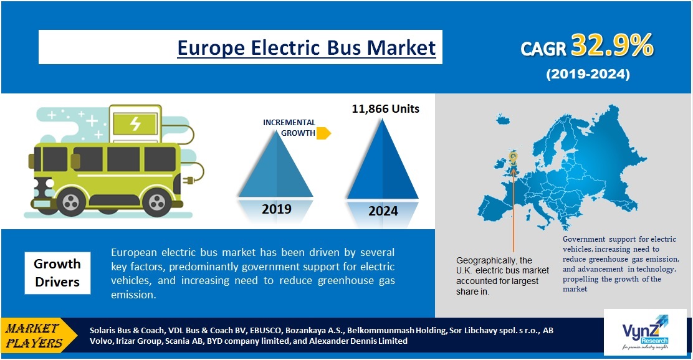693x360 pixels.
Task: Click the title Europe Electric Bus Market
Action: (x=306, y=47)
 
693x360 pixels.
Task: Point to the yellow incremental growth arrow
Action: (x=323, y=133)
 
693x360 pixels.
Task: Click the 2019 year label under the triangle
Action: (x=276, y=209)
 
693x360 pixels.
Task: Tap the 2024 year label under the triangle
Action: (x=383, y=211)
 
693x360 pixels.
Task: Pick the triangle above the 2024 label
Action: (x=383, y=162)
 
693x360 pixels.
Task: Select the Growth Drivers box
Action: (x=57, y=273)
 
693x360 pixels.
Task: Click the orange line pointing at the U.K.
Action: (x=514, y=206)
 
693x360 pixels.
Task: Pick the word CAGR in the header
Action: (x=544, y=49)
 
